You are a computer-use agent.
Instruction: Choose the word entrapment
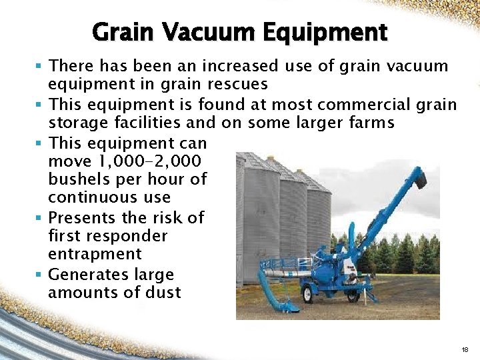[95, 254]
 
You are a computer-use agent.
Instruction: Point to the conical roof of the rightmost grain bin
[313, 182]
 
